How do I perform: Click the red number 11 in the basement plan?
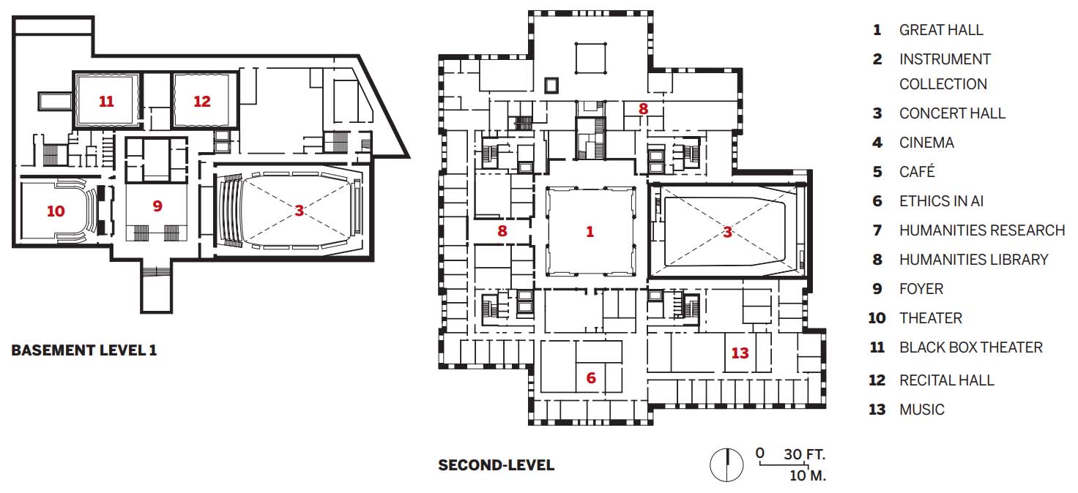tap(106, 102)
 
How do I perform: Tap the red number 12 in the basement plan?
tap(202, 102)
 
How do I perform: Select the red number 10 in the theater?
tap(56, 211)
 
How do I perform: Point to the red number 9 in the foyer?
tap(157, 206)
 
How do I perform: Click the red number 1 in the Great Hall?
tap(590, 232)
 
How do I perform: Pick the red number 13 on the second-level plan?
tap(740, 353)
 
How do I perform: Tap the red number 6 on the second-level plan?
tap(591, 377)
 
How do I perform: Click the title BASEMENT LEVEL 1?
tap(83, 350)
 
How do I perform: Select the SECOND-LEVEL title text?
tap(497, 465)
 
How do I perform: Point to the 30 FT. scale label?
tap(804, 454)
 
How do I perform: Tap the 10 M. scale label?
tap(808, 475)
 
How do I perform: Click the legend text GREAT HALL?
tap(941, 30)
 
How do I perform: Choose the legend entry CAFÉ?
tap(917, 171)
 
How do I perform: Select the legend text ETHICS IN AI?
tap(941, 201)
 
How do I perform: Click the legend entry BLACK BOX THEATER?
tap(970, 347)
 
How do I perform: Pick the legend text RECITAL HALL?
tap(947, 380)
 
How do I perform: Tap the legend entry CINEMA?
tap(926, 142)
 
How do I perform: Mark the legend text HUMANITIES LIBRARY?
tap(973, 260)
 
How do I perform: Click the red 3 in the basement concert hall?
tap(300, 210)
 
